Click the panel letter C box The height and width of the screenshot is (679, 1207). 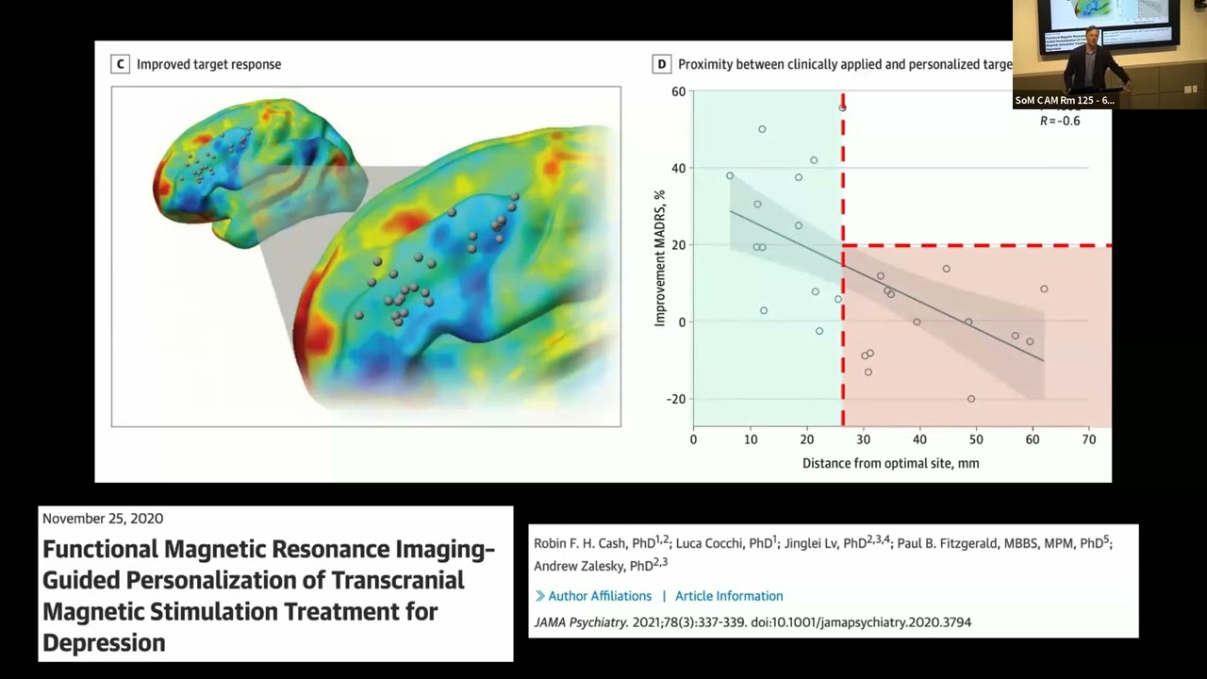pyautogui.click(x=119, y=64)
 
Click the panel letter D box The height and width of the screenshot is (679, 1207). pyautogui.click(x=661, y=64)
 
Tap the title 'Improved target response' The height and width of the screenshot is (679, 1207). pyautogui.click(x=208, y=64)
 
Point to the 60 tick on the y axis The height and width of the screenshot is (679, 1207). pyautogui.click(x=678, y=91)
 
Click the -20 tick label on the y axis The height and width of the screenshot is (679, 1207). pyautogui.click(x=676, y=399)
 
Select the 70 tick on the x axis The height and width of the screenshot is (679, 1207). pyautogui.click(x=1089, y=439)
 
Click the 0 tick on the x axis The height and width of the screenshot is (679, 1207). pyautogui.click(x=693, y=439)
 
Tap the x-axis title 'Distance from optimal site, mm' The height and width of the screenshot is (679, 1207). pyautogui.click(x=890, y=463)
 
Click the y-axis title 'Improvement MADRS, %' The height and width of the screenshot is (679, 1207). pyautogui.click(x=660, y=258)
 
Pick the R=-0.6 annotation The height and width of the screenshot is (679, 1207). pyautogui.click(x=1060, y=121)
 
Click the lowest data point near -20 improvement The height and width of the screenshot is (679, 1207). pyautogui.click(x=971, y=399)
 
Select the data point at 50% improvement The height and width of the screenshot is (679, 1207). pyautogui.click(x=762, y=129)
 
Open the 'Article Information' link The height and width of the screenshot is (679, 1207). pyautogui.click(x=729, y=596)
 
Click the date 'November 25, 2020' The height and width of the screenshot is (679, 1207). pyautogui.click(x=103, y=519)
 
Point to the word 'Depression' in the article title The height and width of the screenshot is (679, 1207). pyautogui.click(x=104, y=643)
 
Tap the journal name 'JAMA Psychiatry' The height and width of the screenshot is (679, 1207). pyautogui.click(x=580, y=622)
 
